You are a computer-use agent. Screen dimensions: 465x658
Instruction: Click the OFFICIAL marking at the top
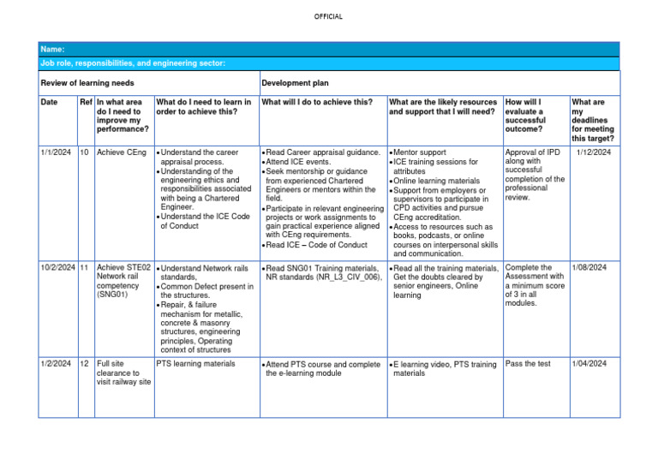point(328,16)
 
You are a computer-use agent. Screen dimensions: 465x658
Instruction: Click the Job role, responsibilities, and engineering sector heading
point(133,63)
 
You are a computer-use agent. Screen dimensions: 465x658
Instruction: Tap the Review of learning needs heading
point(87,83)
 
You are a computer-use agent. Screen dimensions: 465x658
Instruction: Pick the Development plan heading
point(295,83)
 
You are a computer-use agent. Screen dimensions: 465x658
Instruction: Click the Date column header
point(50,103)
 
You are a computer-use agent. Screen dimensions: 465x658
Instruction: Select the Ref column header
point(85,103)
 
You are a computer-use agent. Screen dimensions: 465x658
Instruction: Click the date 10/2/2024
point(59,268)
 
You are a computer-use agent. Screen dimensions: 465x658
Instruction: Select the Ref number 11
point(84,268)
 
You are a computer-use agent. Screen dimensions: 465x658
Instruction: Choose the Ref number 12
point(84,364)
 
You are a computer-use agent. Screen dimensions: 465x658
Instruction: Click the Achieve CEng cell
point(122,152)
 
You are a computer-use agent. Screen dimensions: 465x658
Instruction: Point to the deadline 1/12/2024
point(593,152)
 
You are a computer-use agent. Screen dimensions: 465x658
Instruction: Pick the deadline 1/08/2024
point(589,268)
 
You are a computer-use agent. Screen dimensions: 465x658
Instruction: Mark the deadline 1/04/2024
point(589,364)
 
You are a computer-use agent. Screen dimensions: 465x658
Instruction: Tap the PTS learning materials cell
point(194,364)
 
